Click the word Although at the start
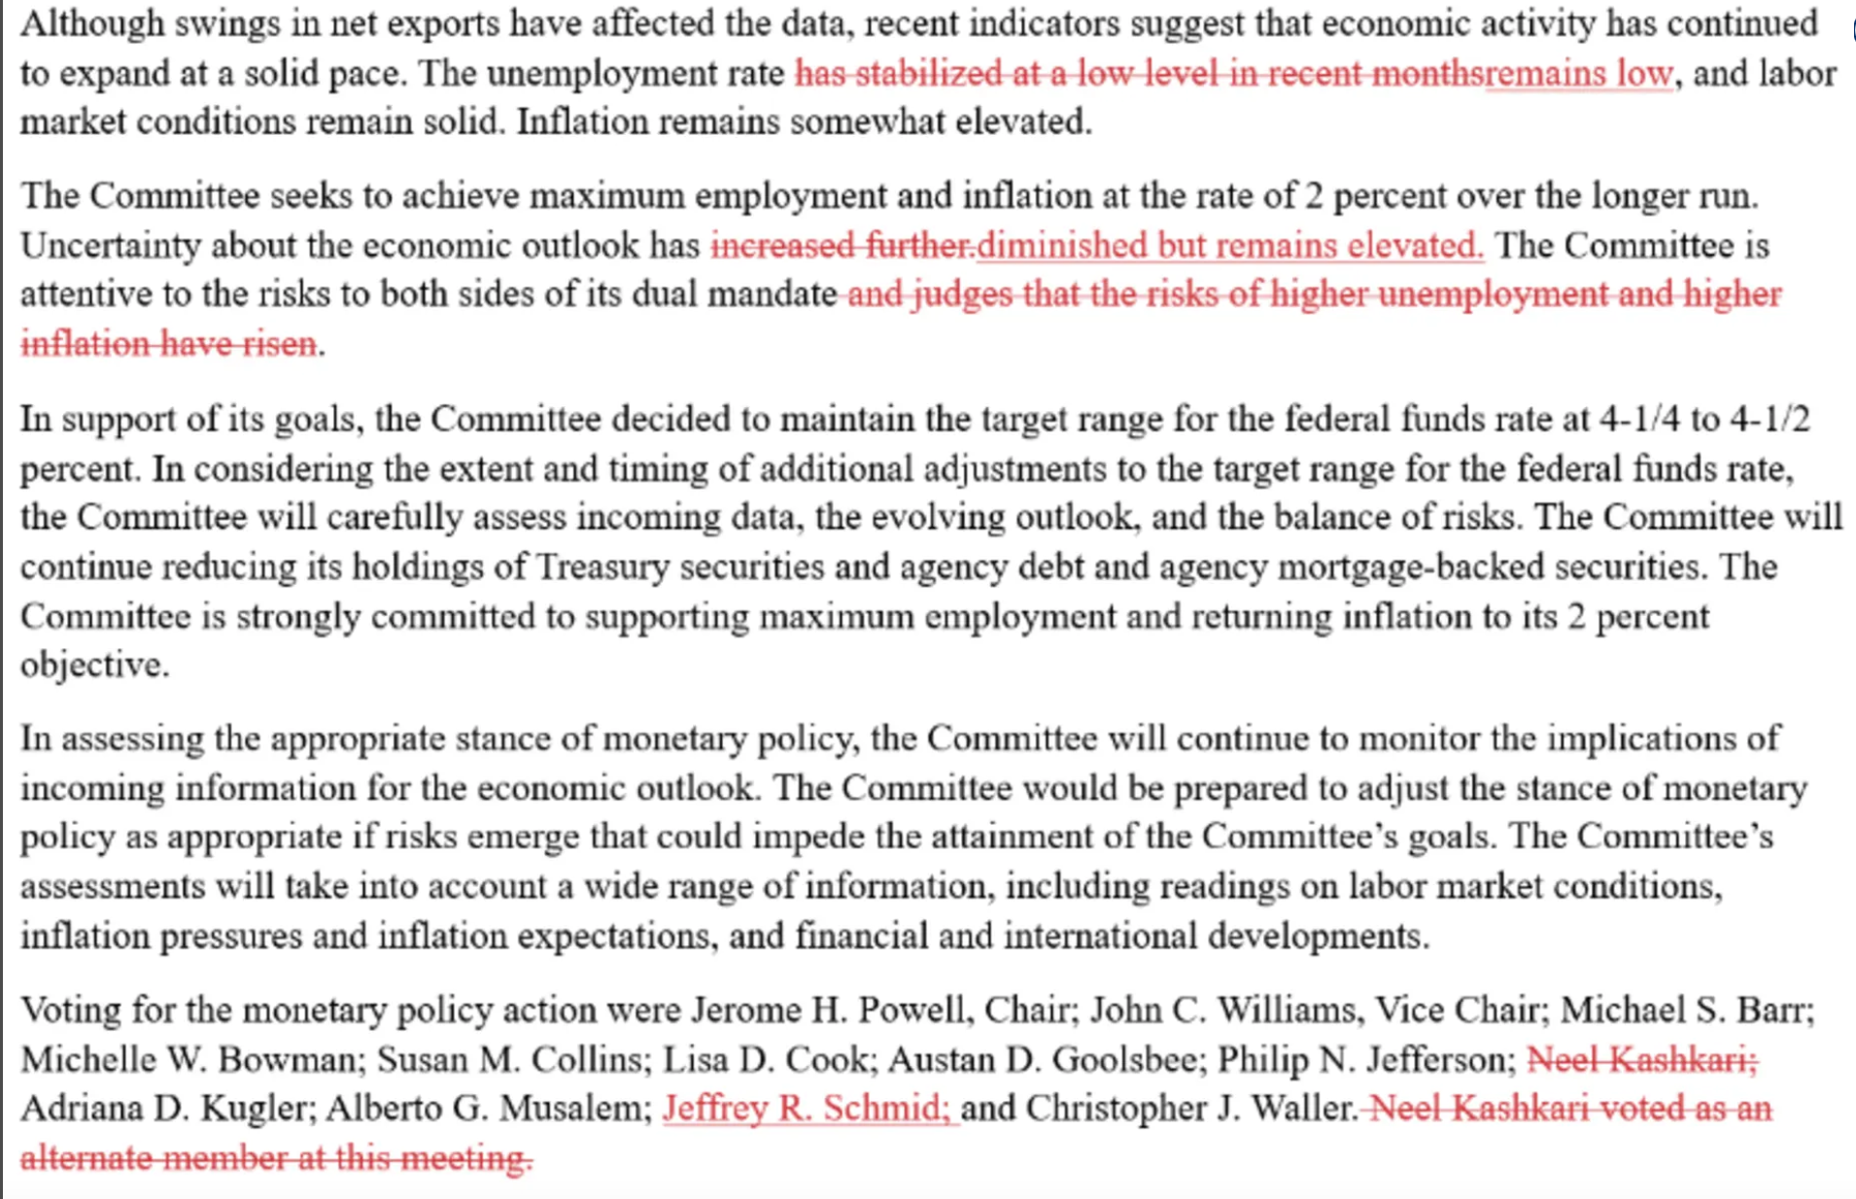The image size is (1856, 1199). pos(91,23)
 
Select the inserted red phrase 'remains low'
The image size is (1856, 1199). pos(1579,74)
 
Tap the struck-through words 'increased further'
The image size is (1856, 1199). pos(842,246)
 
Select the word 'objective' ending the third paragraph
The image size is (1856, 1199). pos(92,666)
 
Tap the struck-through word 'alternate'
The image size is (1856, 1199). pos(86,1158)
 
